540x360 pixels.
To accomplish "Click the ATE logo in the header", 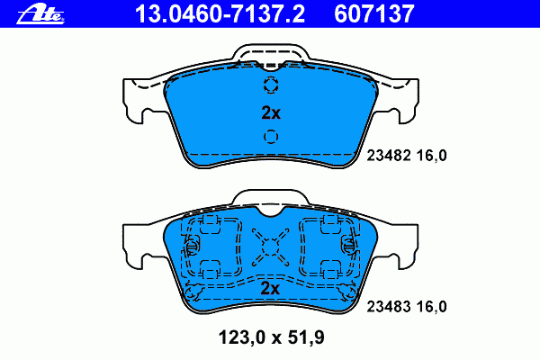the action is point(40,14).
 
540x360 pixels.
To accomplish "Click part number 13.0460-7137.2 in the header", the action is point(220,14).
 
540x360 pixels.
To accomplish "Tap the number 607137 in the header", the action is point(374,14).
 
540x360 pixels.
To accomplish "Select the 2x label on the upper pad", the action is point(271,112).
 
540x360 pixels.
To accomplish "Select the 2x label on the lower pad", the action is point(270,288).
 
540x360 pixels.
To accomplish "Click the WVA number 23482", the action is point(389,156).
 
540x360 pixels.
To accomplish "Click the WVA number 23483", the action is point(389,307).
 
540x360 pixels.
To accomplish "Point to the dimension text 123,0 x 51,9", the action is point(272,337).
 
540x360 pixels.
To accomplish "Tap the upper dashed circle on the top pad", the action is point(271,85).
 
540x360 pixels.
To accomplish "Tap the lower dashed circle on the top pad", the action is point(271,137).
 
